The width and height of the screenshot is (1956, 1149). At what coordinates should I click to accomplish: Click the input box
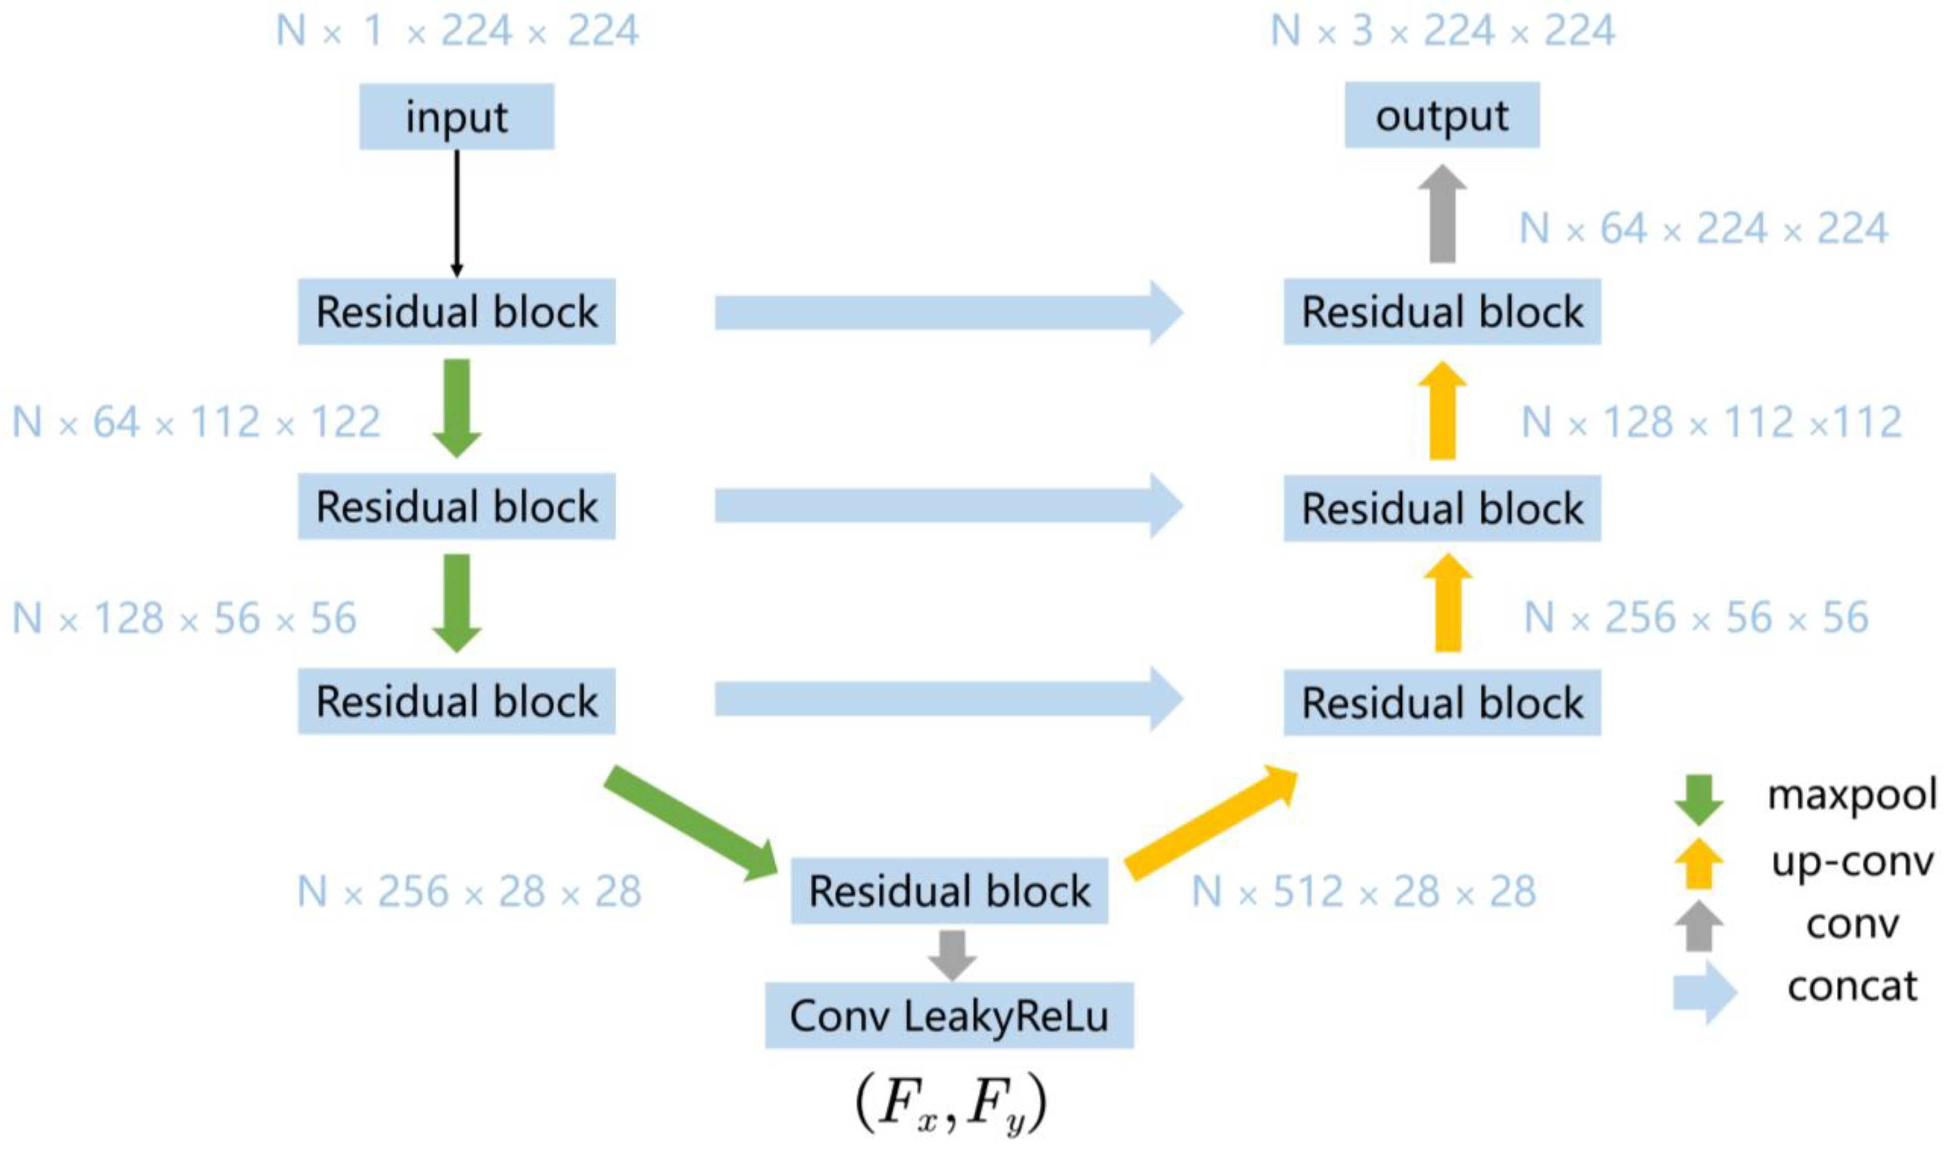456,117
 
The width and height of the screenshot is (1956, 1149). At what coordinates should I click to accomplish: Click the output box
1442,115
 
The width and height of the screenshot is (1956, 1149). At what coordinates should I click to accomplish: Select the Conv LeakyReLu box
948,1015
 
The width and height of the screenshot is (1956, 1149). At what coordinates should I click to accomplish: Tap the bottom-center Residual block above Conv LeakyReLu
948,891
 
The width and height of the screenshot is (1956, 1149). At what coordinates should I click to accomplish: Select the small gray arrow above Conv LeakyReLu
951,953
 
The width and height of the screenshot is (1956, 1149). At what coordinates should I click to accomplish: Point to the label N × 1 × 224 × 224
457,31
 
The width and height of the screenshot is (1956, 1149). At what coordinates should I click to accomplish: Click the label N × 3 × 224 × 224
1442,31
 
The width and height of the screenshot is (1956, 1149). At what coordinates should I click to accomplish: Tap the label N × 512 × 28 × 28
1363,891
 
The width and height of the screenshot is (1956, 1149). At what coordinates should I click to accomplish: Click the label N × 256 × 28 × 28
469,891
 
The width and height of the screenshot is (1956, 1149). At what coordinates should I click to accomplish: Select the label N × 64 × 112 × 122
196,423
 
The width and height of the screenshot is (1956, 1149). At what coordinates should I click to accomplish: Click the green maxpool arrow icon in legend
1698,799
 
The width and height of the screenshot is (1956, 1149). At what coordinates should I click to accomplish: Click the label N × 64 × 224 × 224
1703,229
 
